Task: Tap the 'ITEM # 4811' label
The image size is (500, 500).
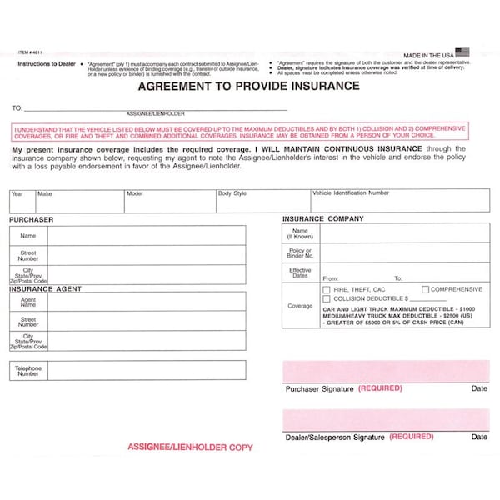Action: (x=28, y=52)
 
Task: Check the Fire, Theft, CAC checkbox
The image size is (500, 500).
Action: (x=327, y=289)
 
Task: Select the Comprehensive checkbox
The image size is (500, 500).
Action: (x=426, y=289)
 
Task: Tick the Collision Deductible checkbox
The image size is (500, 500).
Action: (x=327, y=298)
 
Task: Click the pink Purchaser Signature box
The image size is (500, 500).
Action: (x=385, y=371)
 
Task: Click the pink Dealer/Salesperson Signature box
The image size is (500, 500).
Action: (x=385, y=419)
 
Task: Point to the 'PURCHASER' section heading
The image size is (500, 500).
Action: (x=32, y=219)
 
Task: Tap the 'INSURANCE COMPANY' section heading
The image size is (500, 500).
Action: (x=322, y=218)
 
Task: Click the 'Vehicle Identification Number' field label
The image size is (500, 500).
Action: (x=350, y=192)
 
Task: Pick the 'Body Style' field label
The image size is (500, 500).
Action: (x=232, y=192)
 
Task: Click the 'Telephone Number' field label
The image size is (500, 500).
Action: (x=28, y=371)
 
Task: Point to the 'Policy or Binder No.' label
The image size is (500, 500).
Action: (x=300, y=252)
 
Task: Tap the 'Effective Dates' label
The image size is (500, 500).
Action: (x=300, y=273)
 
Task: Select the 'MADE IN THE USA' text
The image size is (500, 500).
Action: (x=428, y=52)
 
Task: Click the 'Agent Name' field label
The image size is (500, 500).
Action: (x=28, y=302)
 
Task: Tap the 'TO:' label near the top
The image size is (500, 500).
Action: (x=17, y=108)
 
